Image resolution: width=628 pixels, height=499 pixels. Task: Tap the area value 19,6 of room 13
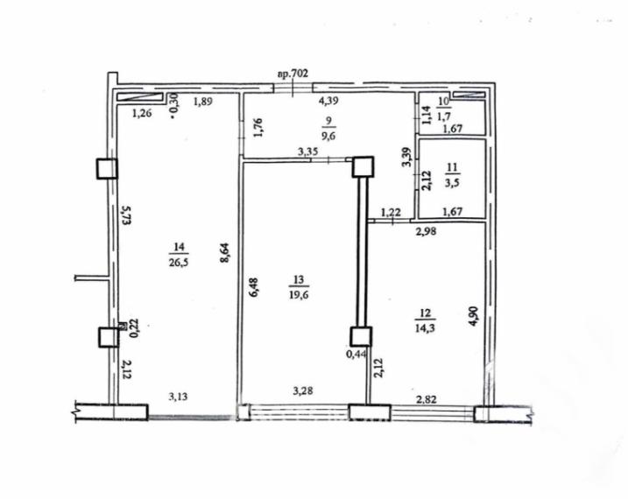pyautogui.click(x=299, y=293)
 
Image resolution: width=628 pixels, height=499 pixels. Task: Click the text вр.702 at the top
pyautogui.click(x=293, y=74)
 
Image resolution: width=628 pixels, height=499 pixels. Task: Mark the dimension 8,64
pyautogui.click(x=226, y=254)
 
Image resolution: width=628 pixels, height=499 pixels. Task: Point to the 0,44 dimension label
pyautogui.click(x=356, y=355)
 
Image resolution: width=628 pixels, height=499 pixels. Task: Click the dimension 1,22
pyautogui.click(x=391, y=211)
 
